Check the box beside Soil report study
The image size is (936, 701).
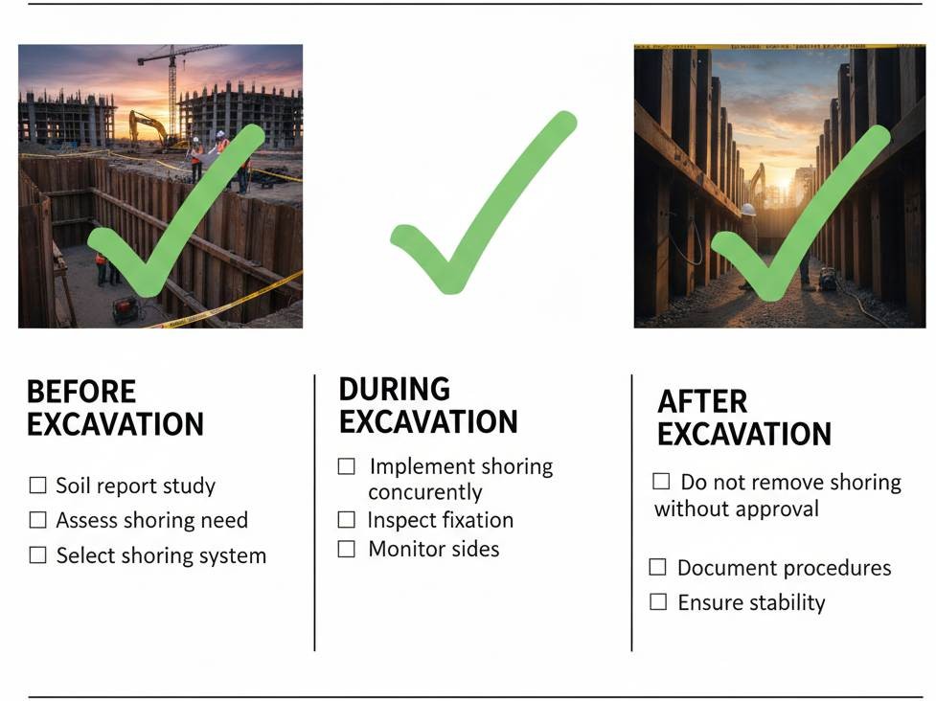pos(37,485)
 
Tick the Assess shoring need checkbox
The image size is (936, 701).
pos(37,520)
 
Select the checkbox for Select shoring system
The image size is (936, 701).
pos(37,554)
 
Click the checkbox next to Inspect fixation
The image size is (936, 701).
pos(346,520)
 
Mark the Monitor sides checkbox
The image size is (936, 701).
pos(346,549)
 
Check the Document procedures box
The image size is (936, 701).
pos(657,567)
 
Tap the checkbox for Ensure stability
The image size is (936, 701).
pos(658,601)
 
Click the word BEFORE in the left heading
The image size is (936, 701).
pos(81,392)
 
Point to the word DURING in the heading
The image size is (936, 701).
pos(395,389)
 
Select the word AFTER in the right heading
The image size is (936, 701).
pos(702,401)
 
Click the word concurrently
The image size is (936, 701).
pos(425,492)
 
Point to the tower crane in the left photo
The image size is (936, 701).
pos(173,89)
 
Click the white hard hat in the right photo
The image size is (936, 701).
pos(748,209)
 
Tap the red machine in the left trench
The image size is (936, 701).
pos(125,309)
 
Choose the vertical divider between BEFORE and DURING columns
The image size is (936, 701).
pos(314,513)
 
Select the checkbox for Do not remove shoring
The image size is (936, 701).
pos(661,481)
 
